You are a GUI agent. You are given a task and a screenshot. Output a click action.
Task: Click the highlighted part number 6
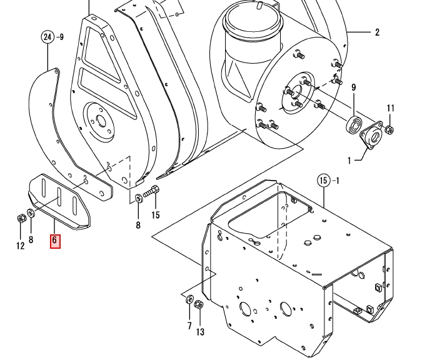point(55,241)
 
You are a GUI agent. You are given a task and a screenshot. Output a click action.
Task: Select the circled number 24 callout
point(48,37)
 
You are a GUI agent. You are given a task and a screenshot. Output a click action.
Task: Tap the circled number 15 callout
point(324,181)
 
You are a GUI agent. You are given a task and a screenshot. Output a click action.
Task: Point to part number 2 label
point(377,32)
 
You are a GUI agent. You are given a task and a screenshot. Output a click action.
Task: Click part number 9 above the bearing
point(354,87)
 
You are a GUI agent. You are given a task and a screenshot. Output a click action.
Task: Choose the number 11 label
point(391,108)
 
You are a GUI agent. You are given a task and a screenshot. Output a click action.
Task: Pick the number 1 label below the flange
point(349,161)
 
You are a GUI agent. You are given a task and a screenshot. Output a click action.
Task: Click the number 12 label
point(21,246)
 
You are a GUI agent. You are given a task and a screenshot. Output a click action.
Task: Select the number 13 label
point(200,332)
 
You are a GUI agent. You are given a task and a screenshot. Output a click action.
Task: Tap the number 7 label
point(189,326)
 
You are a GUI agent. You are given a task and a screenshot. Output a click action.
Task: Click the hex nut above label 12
point(21,218)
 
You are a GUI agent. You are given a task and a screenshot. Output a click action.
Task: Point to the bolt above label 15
point(151,191)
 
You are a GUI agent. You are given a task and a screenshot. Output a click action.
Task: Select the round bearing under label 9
point(354,124)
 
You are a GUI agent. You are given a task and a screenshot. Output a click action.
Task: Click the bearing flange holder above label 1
point(371,136)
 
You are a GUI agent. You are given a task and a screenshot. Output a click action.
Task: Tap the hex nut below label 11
point(389,130)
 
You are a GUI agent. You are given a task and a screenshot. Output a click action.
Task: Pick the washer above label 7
point(189,299)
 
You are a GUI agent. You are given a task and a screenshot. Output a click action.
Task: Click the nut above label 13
point(199,305)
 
